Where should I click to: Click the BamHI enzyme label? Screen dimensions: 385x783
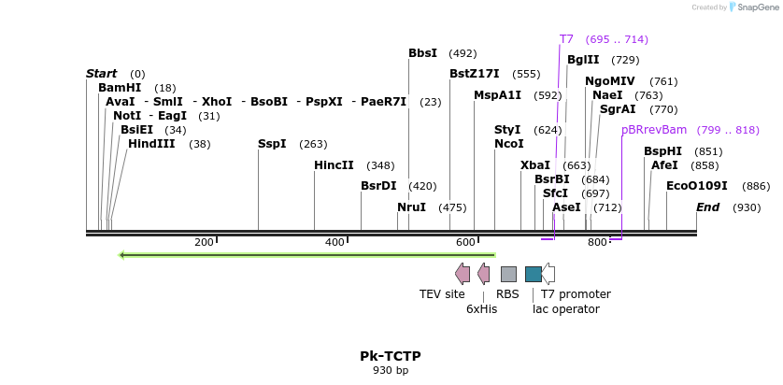(x=120, y=88)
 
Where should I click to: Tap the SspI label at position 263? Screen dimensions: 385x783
(x=272, y=144)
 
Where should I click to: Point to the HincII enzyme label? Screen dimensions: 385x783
(x=334, y=165)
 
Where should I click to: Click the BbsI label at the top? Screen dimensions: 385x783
(x=422, y=53)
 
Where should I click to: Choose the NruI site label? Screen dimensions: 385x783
(x=411, y=207)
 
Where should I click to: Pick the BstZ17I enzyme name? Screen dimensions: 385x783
(x=475, y=74)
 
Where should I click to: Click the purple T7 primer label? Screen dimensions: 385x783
(x=566, y=39)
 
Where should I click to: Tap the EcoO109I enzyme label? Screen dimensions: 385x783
(x=696, y=186)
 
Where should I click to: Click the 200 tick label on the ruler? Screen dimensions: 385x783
(x=204, y=243)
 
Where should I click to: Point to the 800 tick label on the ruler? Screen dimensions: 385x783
(x=597, y=243)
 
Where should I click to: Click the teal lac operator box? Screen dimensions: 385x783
(x=533, y=274)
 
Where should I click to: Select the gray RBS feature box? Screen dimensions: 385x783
(x=508, y=274)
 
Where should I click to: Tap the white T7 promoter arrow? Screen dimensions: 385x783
(x=549, y=274)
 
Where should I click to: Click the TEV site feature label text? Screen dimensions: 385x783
(x=442, y=294)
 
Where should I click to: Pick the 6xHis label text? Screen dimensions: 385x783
(x=481, y=309)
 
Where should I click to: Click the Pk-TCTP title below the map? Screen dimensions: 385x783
(x=391, y=356)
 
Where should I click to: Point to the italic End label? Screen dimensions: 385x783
(x=707, y=207)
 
